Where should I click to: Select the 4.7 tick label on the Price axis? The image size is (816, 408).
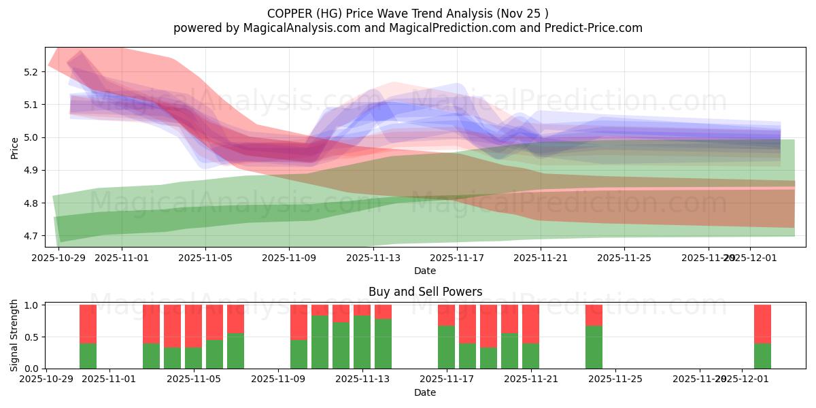[30, 236]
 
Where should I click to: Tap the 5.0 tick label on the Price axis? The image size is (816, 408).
[30, 137]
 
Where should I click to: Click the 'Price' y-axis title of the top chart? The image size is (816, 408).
[15, 147]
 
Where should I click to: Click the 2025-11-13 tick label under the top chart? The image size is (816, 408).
[373, 258]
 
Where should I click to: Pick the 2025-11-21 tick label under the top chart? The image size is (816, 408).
[541, 258]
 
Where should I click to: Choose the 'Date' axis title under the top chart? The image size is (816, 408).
[425, 271]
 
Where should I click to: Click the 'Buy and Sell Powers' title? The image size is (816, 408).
[425, 292]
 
